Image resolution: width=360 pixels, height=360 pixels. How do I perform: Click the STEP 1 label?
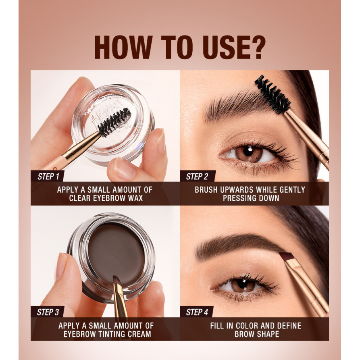(48, 176)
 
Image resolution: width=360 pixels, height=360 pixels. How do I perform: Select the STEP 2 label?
(197, 176)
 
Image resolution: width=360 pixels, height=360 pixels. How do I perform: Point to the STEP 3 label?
(48, 312)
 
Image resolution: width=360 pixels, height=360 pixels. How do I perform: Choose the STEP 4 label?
(197, 312)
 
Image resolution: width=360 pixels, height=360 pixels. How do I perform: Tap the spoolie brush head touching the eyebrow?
(273, 94)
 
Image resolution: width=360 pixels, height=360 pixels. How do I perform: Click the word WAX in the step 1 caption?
(135, 198)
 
